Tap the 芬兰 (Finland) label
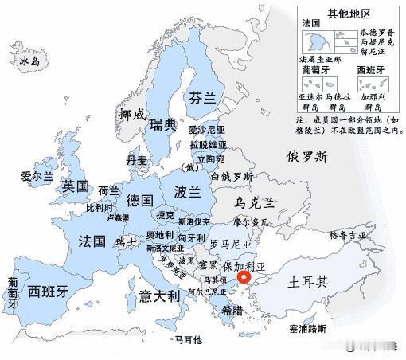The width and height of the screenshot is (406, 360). (203, 98)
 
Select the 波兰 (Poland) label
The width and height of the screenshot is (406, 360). (187, 192)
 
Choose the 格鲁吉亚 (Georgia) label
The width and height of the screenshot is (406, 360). (349, 236)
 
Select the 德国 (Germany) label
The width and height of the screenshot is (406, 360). (140, 200)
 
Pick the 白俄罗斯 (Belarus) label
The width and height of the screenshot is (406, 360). (232, 176)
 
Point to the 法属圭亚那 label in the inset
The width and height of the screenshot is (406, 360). (319, 60)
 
